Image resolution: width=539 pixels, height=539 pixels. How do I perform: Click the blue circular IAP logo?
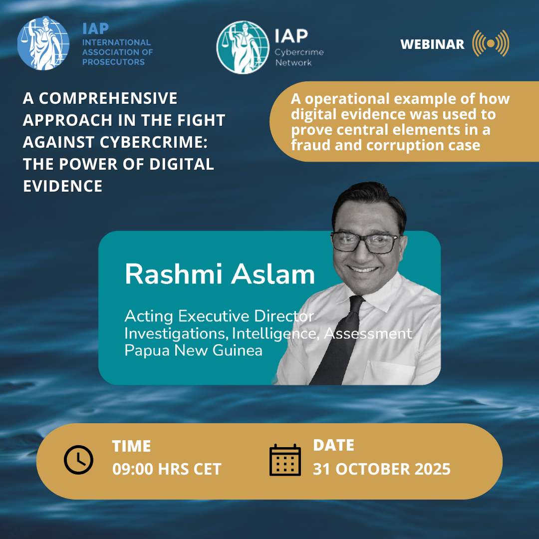[44, 44]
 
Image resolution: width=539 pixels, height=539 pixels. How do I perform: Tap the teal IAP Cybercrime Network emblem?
[242, 47]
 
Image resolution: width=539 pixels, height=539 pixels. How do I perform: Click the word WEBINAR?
[432, 44]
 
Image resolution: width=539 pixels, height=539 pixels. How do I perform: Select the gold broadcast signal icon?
[491, 43]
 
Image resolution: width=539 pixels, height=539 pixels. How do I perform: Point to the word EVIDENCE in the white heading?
[62, 186]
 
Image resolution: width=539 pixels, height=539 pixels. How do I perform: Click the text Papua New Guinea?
[193, 350]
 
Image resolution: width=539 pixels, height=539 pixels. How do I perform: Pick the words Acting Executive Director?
[219, 316]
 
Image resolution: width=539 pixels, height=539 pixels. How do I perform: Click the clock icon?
[78, 459]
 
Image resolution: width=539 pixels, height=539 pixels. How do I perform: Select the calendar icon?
[285, 459]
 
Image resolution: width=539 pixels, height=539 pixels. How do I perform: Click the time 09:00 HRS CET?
[166, 469]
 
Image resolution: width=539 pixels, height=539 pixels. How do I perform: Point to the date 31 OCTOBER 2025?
[381, 469]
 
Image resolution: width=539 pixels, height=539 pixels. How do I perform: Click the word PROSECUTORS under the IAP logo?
[113, 62]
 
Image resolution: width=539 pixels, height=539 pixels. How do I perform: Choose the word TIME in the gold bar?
[131, 446]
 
